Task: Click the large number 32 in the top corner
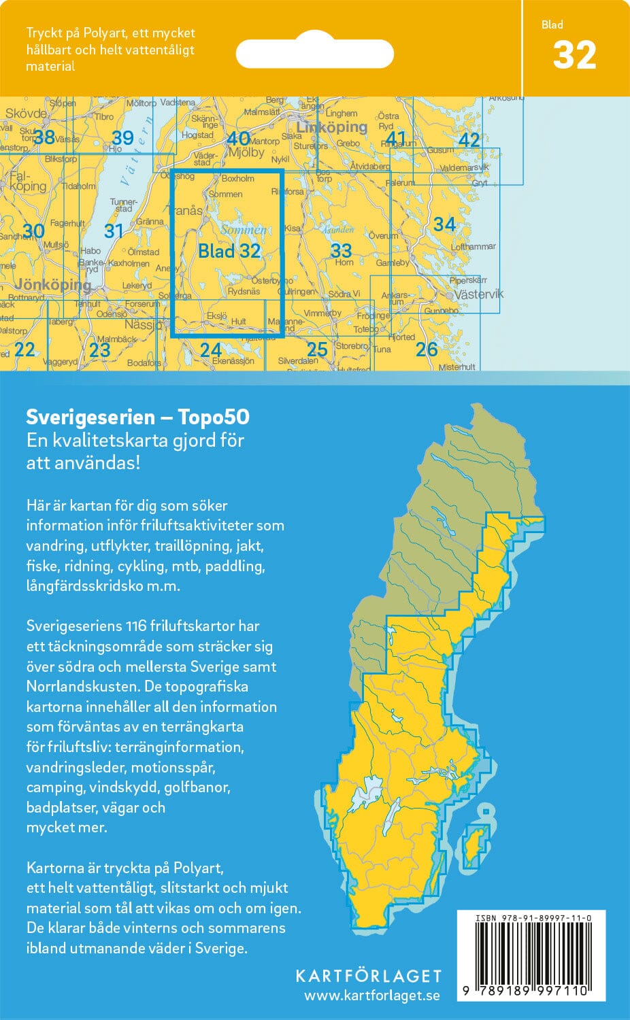coord(574,56)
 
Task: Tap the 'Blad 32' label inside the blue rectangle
coord(229,251)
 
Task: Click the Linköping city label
coord(331,127)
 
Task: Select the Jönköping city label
coord(53,284)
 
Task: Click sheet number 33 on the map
coord(341,250)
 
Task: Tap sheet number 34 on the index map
coord(444,224)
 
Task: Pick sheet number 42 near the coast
coord(469,139)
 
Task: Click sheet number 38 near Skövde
coord(44,137)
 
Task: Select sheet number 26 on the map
coord(426,349)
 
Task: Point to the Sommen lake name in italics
coord(244,230)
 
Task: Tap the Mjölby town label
coord(246,153)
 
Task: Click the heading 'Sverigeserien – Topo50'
coord(137,417)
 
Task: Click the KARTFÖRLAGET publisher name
coord(368,976)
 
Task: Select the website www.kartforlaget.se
coord(371,996)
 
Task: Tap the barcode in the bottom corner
coord(531,959)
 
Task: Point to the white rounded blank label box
coord(314,53)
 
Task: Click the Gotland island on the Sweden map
coord(474,844)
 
